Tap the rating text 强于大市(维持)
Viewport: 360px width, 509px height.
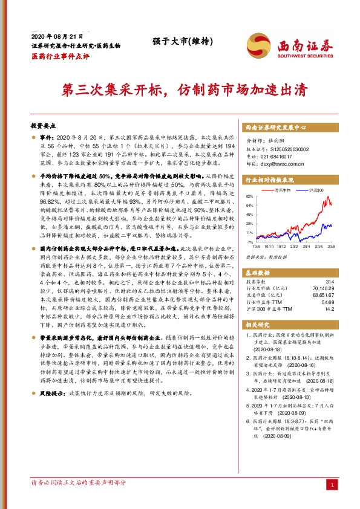point(174,42)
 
